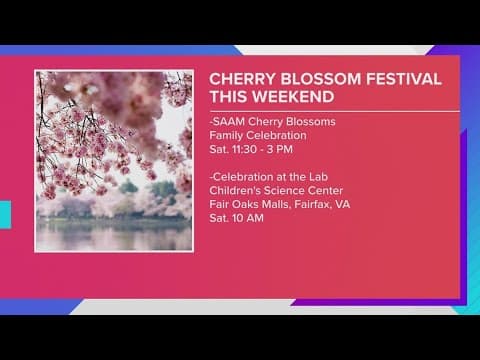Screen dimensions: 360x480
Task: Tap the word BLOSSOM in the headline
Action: click(x=316, y=78)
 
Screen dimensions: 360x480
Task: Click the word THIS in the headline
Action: click(x=228, y=97)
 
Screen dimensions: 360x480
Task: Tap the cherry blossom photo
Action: click(x=113, y=160)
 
